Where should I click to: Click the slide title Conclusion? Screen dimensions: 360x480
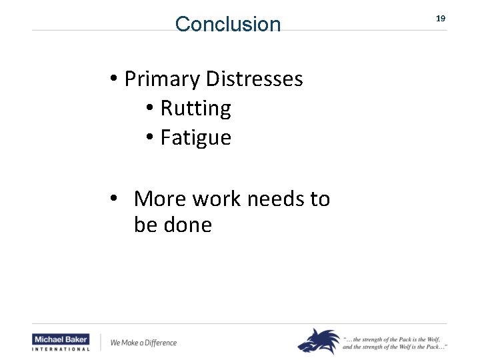pyautogui.click(x=228, y=25)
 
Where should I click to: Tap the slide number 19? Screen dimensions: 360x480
pyautogui.click(x=441, y=19)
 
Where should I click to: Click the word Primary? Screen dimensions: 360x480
pyautogui.click(x=162, y=79)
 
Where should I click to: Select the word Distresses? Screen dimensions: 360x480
pyautogui.click(x=255, y=79)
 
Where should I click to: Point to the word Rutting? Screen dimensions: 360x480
pyautogui.click(x=196, y=109)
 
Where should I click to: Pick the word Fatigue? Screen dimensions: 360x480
pyautogui.click(x=196, y=138)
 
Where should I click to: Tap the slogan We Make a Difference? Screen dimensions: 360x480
pyautogui.click(x=143, y=343)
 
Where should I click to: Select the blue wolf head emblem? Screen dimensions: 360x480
pyautogui.click(x=319, y=341)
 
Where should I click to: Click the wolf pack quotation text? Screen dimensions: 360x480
pyautogui.click(x=395, y=343)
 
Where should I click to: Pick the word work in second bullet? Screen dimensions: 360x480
pyautogui.click(x=212, y=199)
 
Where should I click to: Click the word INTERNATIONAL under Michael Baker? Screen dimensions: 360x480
pyautogui.click(x=61, y=349)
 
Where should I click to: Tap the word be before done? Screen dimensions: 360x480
pyautogui.click(x=145, y=225)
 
